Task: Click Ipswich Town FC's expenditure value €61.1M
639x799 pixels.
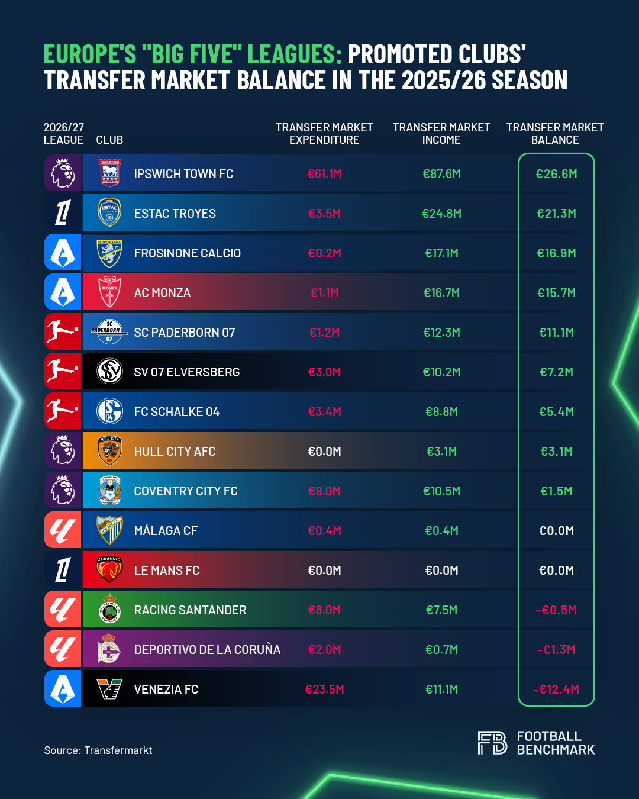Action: [324, 174]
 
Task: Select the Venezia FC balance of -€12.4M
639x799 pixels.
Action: [556, 690]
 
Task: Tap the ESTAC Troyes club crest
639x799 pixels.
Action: [109, 212]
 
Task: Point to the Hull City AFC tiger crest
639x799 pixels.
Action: [109, 451]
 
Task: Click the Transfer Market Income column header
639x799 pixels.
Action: [441, 134]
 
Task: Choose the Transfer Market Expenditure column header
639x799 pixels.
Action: [324, 134]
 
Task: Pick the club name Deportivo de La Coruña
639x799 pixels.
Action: [207, 650]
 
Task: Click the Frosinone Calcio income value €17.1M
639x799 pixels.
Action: [441, 253]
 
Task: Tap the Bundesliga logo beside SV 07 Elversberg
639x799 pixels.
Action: [63, 371]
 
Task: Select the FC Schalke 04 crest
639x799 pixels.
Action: [109, 411]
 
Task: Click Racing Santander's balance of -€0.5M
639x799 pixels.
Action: [556, 610]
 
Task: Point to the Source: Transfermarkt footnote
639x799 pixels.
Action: [98, 750]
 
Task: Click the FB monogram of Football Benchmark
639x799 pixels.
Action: [492, 743]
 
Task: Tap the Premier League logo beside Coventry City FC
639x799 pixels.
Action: [63, 490]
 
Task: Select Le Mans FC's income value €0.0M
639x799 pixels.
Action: [441, 571]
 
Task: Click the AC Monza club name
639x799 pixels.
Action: [162, 293]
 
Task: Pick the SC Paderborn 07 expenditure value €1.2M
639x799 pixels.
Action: [324, 332]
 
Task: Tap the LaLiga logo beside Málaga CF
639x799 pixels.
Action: [63, 530]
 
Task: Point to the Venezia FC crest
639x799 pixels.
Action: [109, 689]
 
